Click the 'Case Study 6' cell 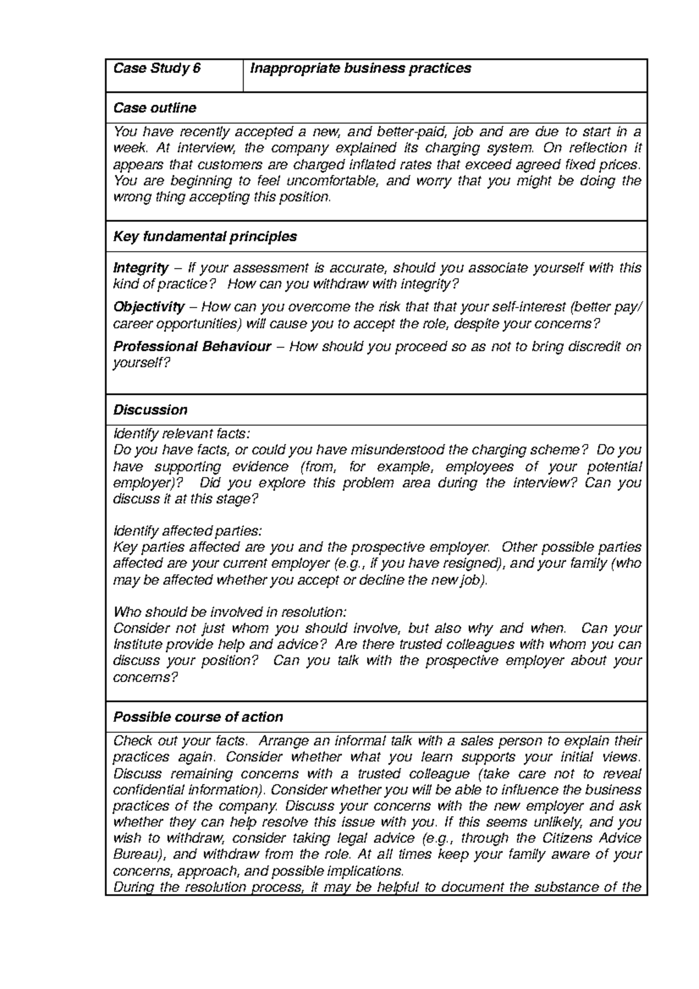coord(157,69)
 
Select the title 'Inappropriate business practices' coord(360,69)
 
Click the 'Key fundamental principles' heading coord(204,236)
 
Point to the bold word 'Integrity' coord(140,268)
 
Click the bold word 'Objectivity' coord(149,307)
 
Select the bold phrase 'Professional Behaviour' coord(192,347)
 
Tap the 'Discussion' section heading coord(150,410)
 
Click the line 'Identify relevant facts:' coord(181,434)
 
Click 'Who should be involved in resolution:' coord(230,612)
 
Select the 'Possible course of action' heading coord(197,717)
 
